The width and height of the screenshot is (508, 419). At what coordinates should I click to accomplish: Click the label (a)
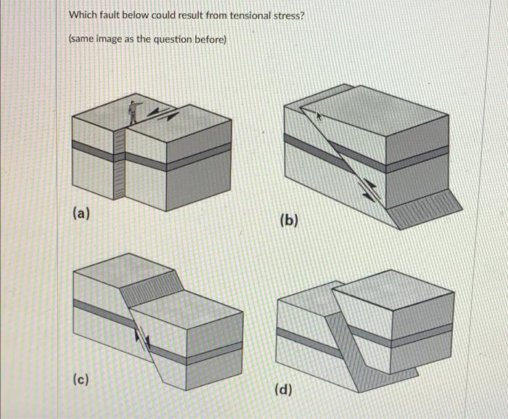[81, 213]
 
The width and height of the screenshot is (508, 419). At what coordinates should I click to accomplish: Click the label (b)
[289, 220]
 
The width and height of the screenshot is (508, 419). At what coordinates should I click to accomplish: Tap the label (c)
[81, 378]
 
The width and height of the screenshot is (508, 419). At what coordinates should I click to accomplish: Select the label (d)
[284, 389]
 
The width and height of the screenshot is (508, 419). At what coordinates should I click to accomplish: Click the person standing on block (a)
[134, 113]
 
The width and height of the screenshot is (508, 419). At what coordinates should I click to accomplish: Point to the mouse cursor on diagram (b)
[319, 115]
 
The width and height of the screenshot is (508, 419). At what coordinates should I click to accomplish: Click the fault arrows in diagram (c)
[142, 340]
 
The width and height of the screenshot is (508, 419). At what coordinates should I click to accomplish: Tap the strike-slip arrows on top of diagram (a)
[163, 113]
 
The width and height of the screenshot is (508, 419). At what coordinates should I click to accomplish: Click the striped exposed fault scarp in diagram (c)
[152, 288]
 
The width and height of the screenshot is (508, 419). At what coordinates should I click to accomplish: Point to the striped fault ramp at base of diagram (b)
[425, 210]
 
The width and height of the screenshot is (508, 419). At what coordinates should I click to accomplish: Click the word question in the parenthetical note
[172, 40]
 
